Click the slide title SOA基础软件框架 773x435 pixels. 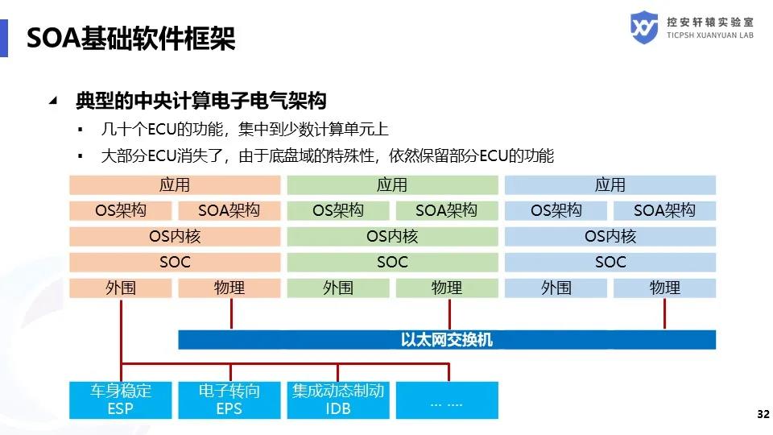pyautogui.click(x=130, y=39)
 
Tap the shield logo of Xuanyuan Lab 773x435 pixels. pyautogui.click(x=644, y=27)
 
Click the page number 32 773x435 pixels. pyautogui.click(x=763, y=414)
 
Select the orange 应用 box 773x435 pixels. pyautogui.click(x=175, y=185)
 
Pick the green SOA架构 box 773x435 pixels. pyautogui.click(x=447, y=210)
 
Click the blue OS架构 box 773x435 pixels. pyautogui.click(x=556, y=210)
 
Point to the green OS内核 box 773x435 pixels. pyautogui.click(x=392, y=237)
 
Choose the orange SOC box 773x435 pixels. pyautogui.click(x=175, y=263)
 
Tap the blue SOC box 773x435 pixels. pyautogui.click(x=610, y=263)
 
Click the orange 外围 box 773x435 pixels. pyautogui.click(x=120, y=288)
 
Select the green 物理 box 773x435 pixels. pyautogui.click(x=447, y=288)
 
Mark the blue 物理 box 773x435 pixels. pyautogui.click(x=664, y=288)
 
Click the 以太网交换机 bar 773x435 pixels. pyautogui.click(x=447, y=340)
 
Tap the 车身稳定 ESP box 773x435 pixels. pyautogui.click(x=120, y=400)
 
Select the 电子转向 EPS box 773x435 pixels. pyautogui.click(x=229, y=400)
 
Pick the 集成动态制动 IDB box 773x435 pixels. pyautogui.click(x=338, y=400)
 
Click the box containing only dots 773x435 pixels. pyautogui.click(x=447, y=400)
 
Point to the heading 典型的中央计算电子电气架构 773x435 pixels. pyautogui.click(x=201, y=101)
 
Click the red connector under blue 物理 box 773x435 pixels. pyautogui.click(x=664, y=313)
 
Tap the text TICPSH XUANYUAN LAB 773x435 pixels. pyautogui.click(x=710, y=35)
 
